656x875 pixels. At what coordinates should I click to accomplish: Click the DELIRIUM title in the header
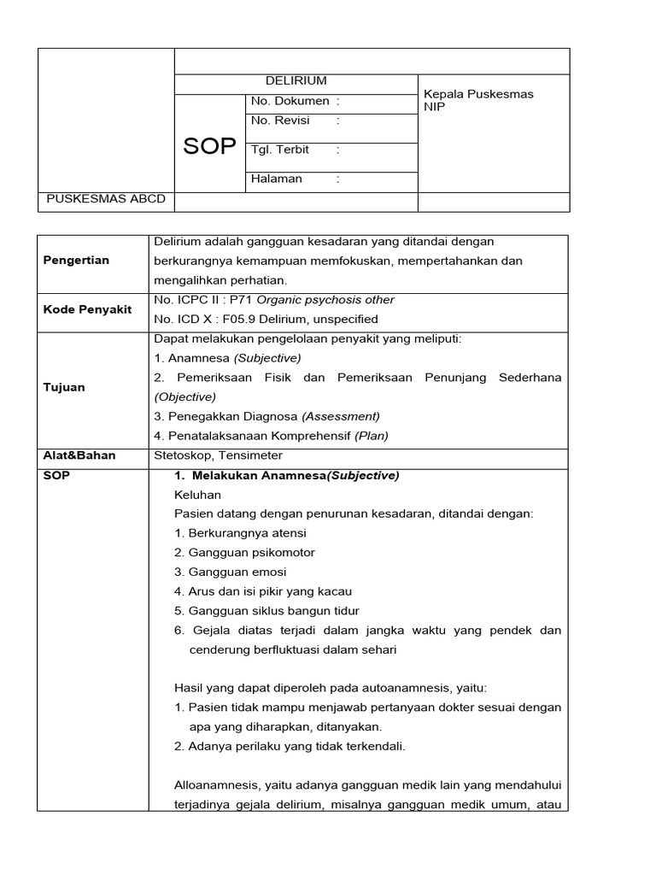[296, 81]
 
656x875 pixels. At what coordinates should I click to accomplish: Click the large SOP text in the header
[209, 146]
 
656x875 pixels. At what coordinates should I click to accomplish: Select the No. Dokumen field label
[290, 101]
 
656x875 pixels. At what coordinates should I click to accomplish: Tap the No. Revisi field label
[280, 120]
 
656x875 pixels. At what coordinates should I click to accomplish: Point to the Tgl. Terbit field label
[280, 150]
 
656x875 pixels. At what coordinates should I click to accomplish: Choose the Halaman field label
[277, 179]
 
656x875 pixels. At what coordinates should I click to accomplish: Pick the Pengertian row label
[76, 261]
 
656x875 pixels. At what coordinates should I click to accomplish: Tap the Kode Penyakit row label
[87, 309]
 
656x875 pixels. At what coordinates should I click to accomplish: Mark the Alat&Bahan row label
[79, 455]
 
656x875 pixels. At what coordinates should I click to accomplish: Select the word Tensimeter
[249, 455]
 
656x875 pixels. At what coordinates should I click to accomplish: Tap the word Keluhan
[197, 495]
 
